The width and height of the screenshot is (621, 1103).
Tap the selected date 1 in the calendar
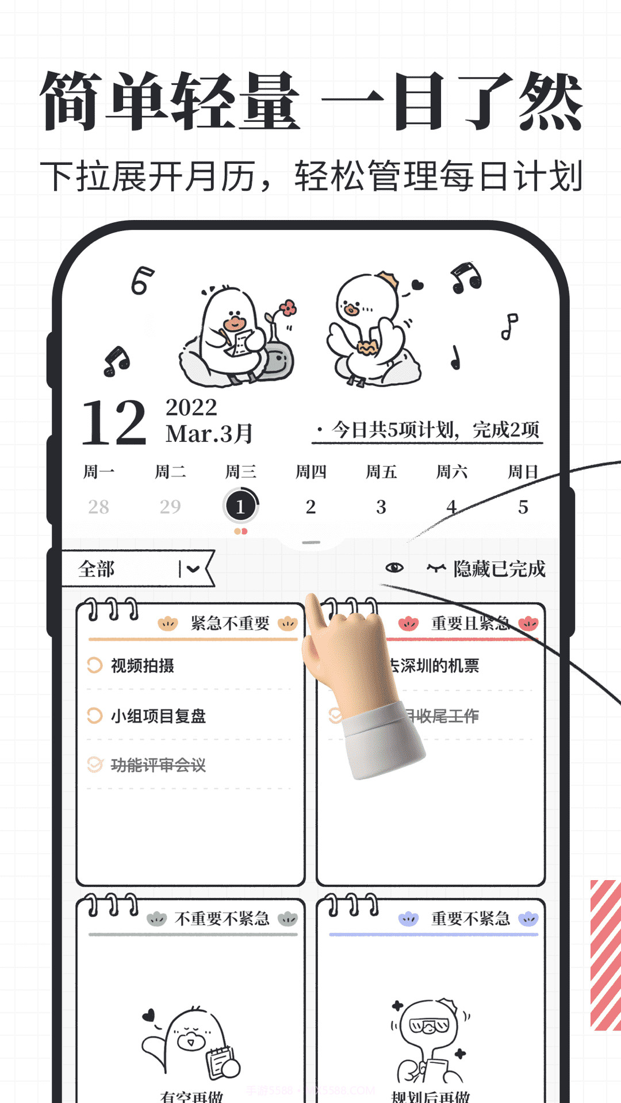(x=240, y=506)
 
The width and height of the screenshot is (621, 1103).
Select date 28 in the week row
(x=98, y=507)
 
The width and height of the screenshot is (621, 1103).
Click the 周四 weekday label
(x=310, y=472)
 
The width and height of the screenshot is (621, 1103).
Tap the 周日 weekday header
(x=522, y=472)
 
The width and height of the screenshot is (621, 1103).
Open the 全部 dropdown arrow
(x=192, y=569)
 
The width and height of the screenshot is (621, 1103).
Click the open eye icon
(x=394, y=568)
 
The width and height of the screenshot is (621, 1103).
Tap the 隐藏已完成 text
(x=499, y=569)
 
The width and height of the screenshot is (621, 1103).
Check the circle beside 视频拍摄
(x=94, y=665)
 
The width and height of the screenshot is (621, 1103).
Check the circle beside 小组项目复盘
(x=94, y=716)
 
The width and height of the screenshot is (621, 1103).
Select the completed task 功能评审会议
(x=158, y=765)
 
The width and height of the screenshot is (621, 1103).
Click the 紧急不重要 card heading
(x=229, y=623)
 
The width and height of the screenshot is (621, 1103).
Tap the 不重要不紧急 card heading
(x=222, y=919)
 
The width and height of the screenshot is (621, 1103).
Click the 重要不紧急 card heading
(x=470, y=919)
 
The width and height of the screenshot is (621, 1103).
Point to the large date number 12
(x=114, y=423)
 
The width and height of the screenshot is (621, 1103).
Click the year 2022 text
(x=191, y=407)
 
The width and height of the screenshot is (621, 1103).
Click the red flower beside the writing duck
(x=288, y=308)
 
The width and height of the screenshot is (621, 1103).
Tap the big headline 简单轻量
(x=170, y=101)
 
